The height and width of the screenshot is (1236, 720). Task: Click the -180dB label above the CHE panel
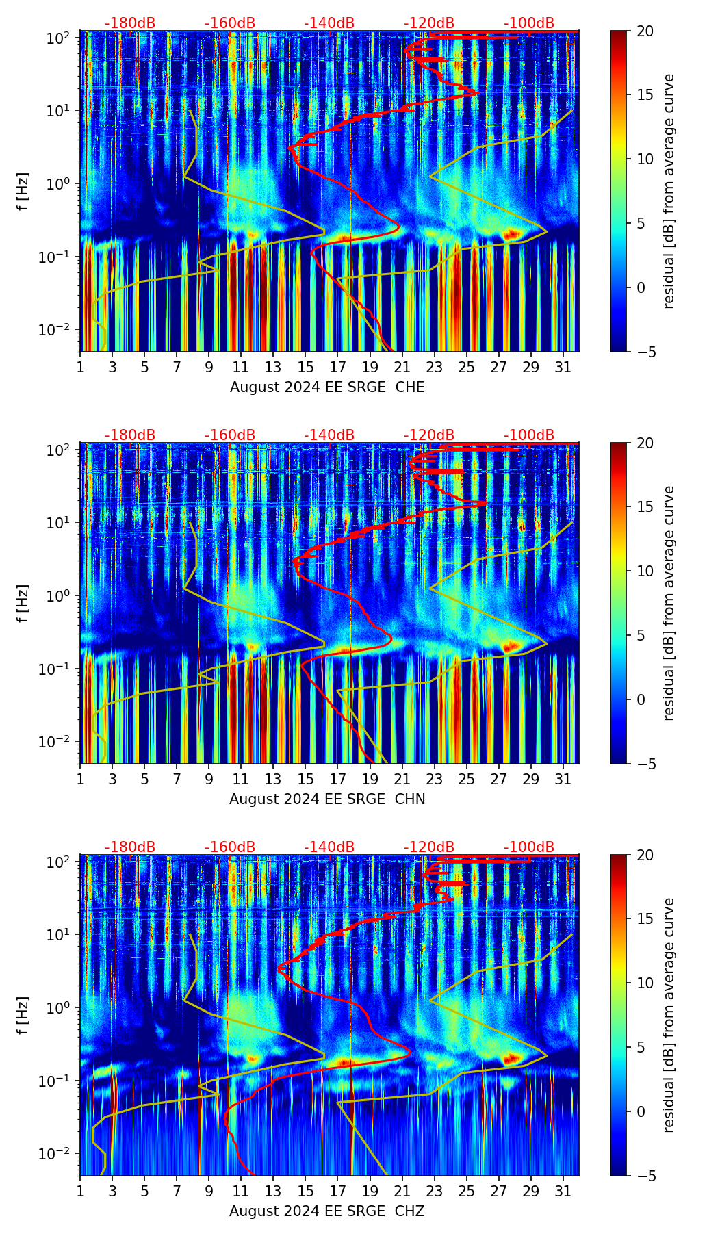(130, 23)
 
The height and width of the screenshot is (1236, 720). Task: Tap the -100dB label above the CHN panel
(529, 435)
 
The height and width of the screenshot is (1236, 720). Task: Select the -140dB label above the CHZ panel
(329, 847)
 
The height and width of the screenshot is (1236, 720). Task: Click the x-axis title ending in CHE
(327, 387)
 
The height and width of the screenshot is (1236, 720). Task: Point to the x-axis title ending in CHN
(327, 799)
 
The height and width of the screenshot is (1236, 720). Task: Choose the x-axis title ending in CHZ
(327, 1211)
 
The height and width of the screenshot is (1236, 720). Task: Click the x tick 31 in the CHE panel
(563, 367)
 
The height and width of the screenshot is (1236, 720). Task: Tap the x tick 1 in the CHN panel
(81, 779)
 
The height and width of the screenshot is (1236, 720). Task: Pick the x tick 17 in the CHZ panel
(338, 1191)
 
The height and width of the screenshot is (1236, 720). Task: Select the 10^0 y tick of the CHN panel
(59, 595)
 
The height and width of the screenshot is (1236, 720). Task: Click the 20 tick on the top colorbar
(645, 31)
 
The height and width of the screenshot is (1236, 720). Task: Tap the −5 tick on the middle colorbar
(645, 763)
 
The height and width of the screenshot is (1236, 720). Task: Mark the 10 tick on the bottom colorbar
(645, 983)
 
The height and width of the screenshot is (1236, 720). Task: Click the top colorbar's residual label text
(669, 191)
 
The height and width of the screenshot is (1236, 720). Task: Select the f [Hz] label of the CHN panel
(24, 603)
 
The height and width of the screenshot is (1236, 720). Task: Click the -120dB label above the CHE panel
(429, 23)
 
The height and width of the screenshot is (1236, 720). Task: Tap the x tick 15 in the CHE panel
(306, 367)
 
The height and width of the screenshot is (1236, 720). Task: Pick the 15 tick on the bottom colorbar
(645, 919)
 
